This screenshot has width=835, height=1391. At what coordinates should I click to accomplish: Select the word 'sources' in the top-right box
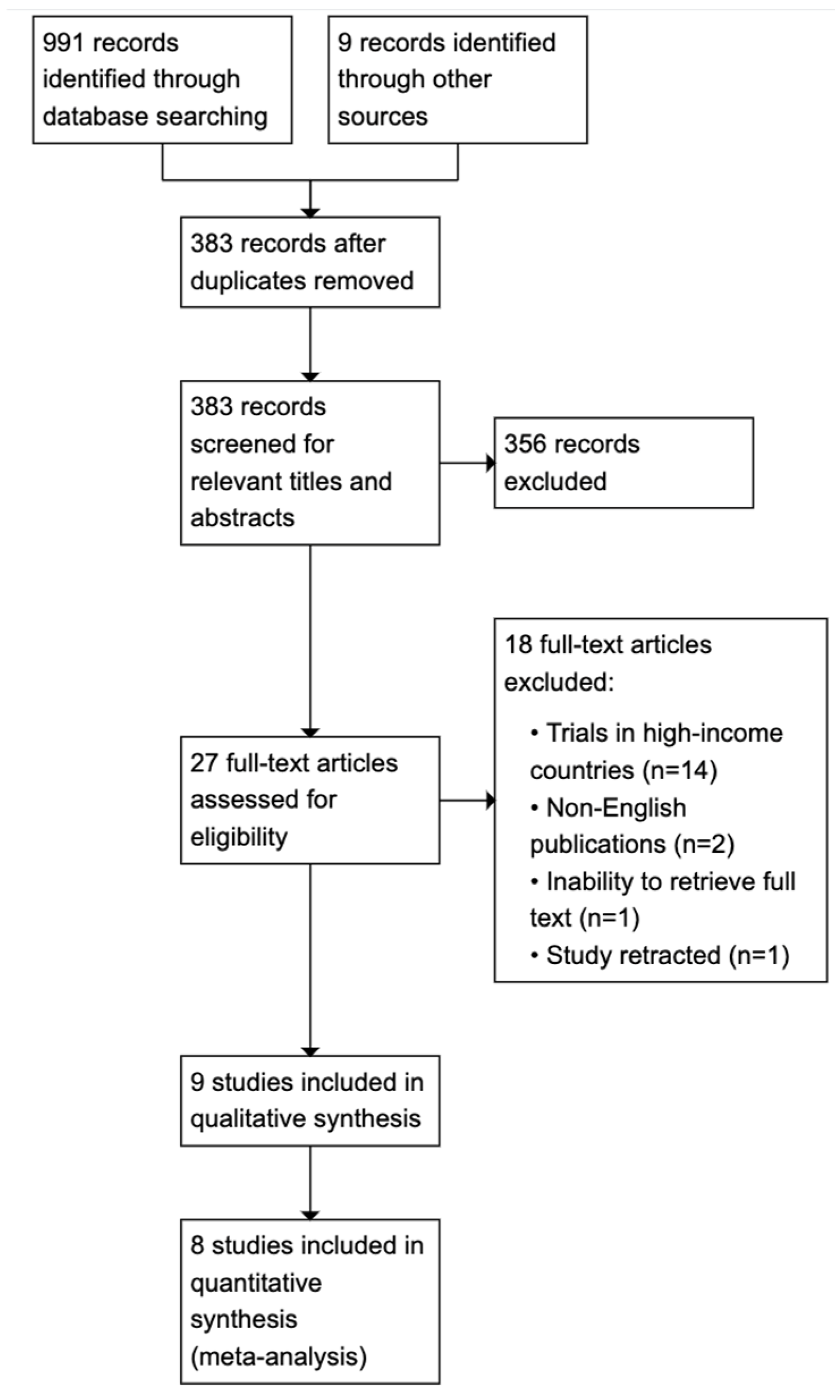(382, 117)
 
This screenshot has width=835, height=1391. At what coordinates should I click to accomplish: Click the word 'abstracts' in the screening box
(242, 518)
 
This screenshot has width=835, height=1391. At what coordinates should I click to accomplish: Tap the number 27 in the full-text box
(204, 763)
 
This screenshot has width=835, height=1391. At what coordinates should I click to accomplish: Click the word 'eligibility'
(239, 837)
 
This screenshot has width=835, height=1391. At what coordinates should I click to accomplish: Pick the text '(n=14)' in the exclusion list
(680, 771)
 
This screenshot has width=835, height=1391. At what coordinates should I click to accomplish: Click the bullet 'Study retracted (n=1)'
(659, 955)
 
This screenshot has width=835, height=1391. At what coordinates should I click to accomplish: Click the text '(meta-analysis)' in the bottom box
(278, 1356)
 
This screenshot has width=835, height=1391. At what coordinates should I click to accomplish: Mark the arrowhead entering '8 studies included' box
(310, 1215)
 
